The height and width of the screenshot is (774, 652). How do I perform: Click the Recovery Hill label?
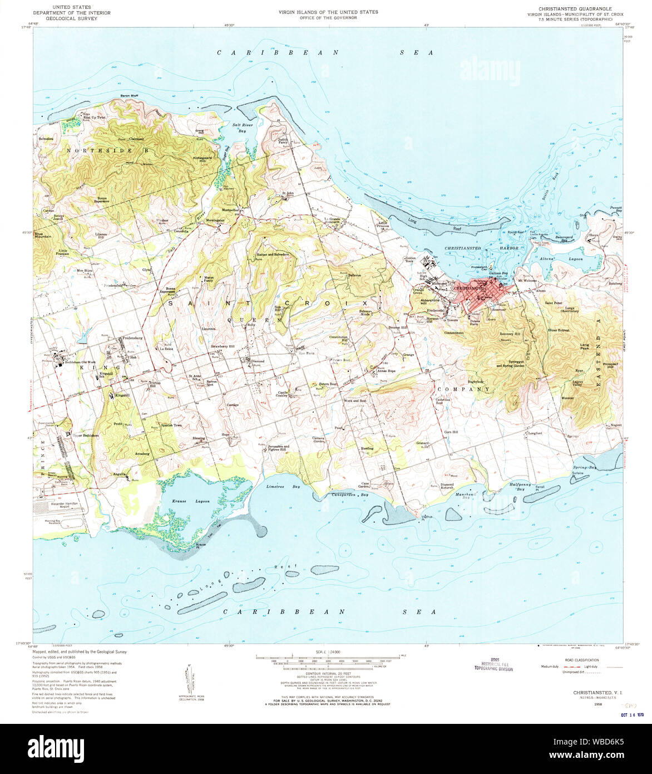click(x=508, y=334)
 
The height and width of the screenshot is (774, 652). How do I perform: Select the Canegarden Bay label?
click(x=350, y=494)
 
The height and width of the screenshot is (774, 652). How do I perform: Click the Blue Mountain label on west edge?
click(x=43, y=235)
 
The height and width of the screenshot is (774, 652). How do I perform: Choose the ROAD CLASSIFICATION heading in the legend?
click(x=580, y=660)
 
